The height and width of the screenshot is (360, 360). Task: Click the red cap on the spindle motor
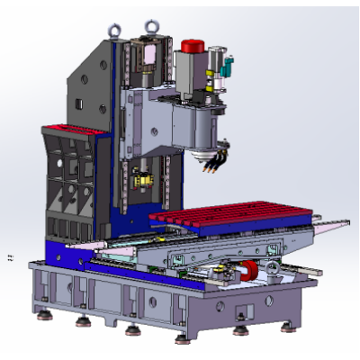point(192,46)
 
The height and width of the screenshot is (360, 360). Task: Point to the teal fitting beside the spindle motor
point(227,64)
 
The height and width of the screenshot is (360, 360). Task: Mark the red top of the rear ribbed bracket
point(72,129)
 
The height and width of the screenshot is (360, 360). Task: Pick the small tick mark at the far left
point(10,256)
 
